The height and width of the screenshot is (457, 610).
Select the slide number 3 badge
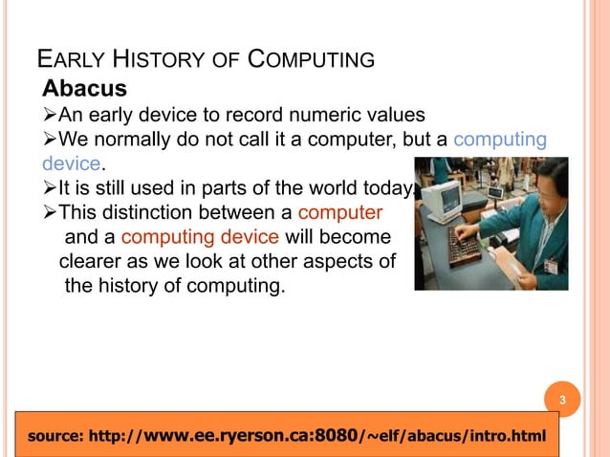[x=563, y=399]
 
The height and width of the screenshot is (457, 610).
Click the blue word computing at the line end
[x=499, y=141]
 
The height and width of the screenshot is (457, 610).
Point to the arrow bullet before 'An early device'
[x=50, y=118]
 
